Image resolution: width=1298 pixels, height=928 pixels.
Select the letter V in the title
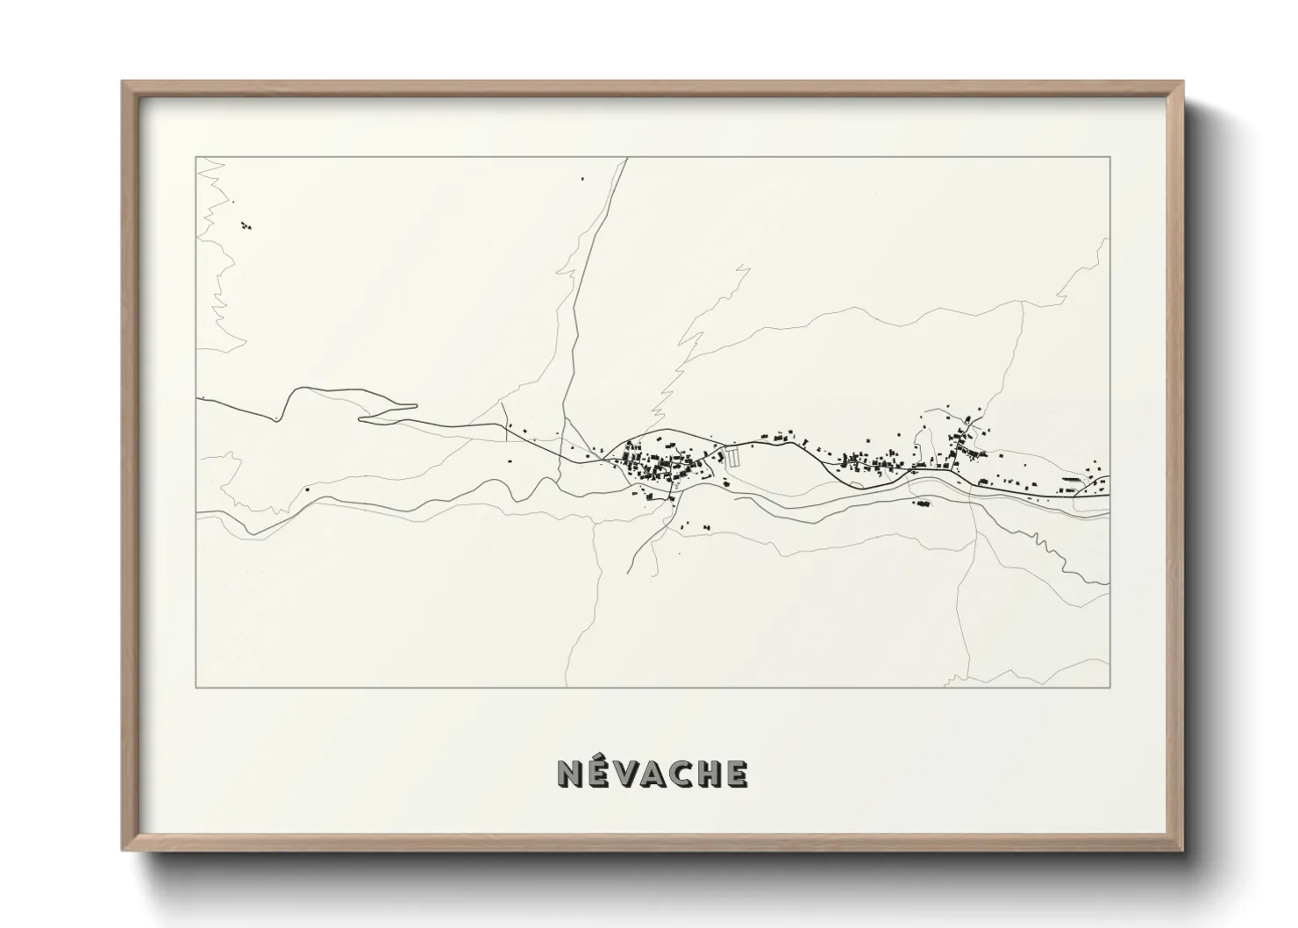pos(626,773)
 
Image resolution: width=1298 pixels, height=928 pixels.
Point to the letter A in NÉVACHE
pos(654,773)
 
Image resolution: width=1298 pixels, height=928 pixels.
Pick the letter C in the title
pos(682,773)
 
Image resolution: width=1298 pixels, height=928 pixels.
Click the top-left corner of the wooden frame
pos(123,82)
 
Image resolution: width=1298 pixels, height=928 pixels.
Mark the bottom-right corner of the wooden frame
pos(1182,850)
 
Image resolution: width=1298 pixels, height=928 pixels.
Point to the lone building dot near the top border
pos(582,179)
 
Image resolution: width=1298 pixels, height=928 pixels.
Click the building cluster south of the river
pos(921,503)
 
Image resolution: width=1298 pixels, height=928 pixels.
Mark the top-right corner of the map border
pos(1110,157)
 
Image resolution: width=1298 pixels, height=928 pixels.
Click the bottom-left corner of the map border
pos(196,687)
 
